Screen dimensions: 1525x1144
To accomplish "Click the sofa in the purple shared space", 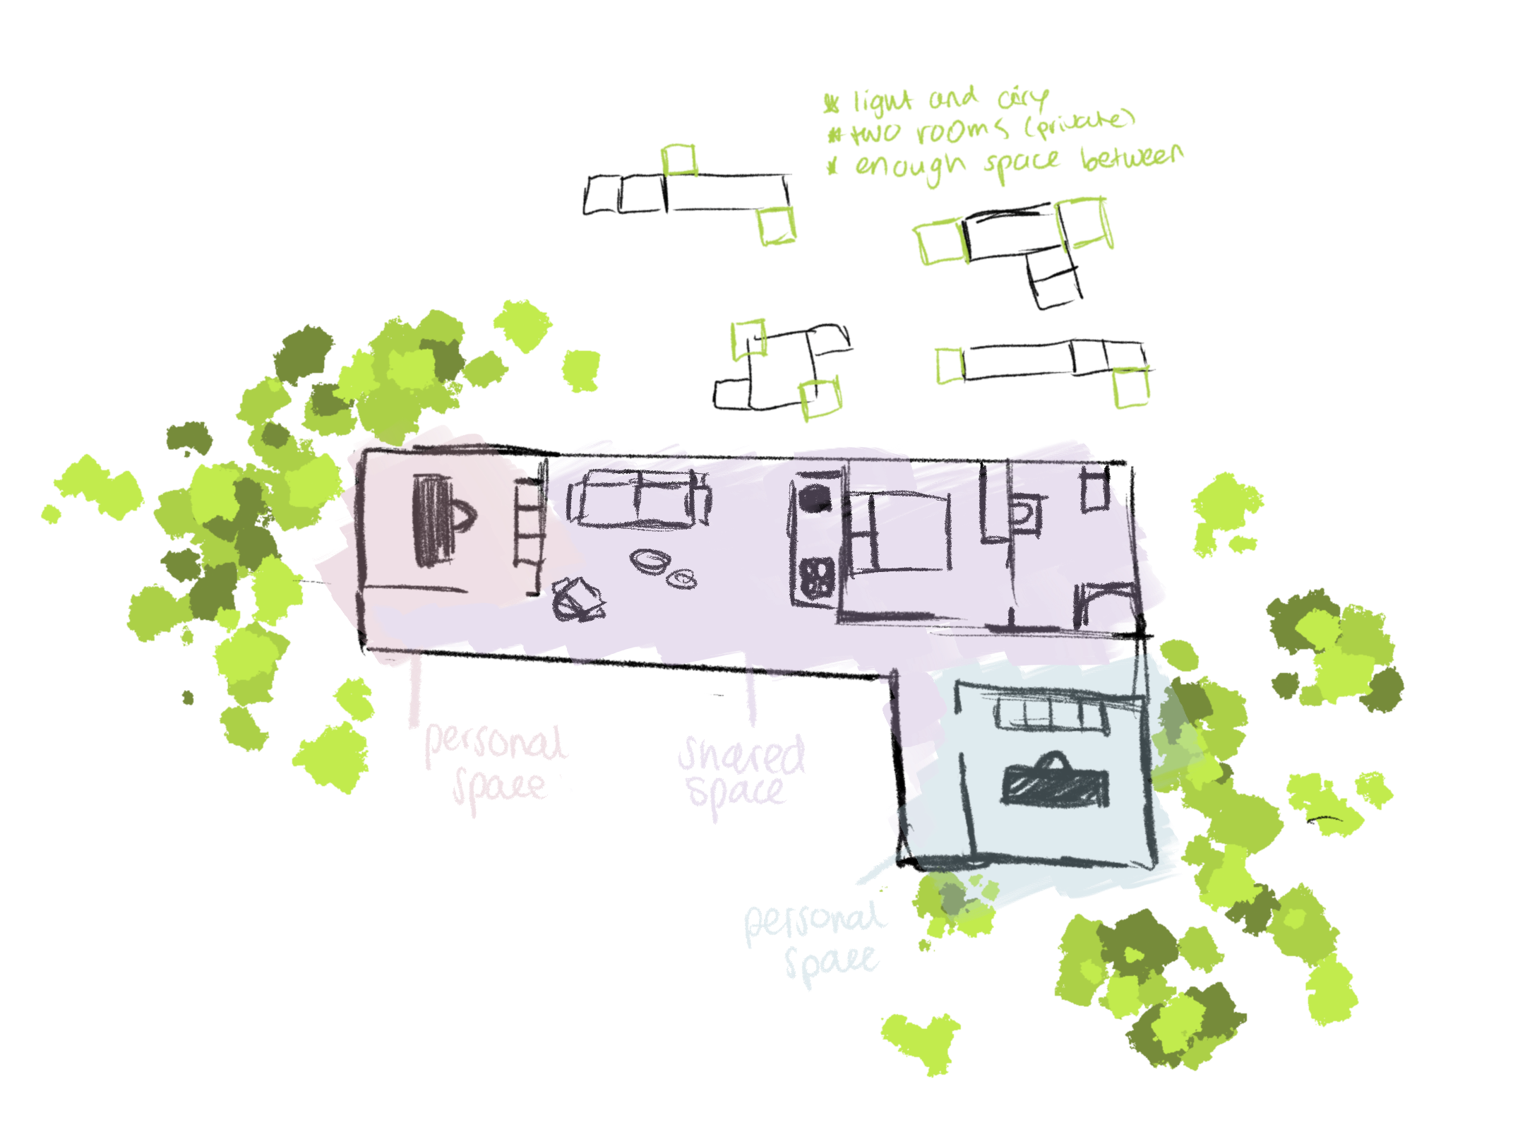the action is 639,498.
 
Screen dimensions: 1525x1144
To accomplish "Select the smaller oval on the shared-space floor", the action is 683,579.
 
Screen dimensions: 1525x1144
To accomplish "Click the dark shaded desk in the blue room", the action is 1055,784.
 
